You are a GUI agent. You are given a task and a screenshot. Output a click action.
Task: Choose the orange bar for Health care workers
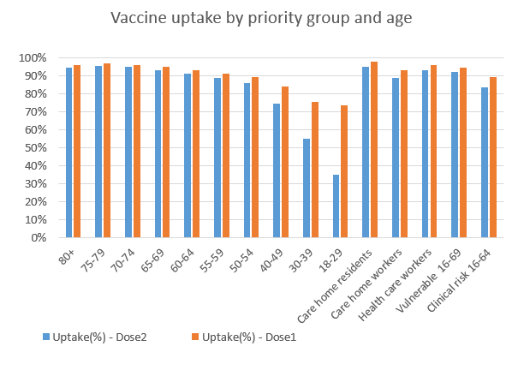(433, 152)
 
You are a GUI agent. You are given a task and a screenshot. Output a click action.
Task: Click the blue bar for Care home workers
(396, 158)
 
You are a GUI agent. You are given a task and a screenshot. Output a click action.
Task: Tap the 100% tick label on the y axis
(44, 58)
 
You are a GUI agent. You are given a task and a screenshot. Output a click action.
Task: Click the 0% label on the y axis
(49, 238)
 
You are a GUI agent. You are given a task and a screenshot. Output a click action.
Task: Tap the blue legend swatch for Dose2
(44, 337)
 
